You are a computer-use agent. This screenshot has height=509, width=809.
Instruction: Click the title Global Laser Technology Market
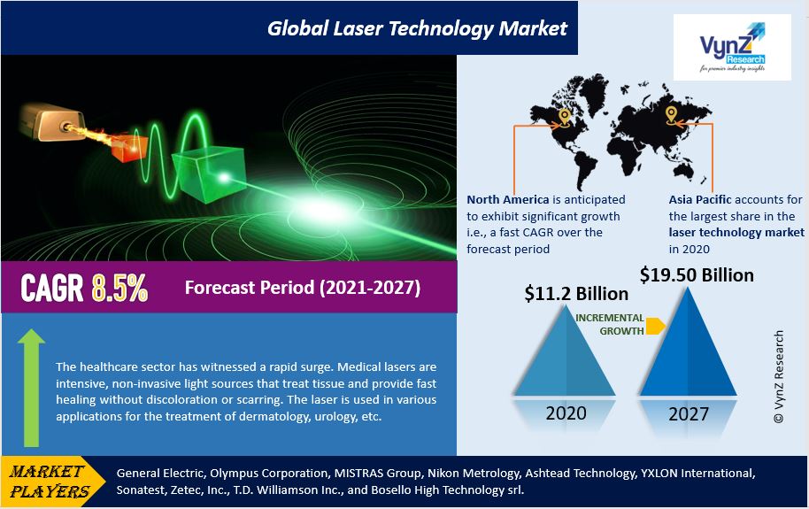(417, 28)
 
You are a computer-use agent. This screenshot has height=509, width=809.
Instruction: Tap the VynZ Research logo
(731, 48)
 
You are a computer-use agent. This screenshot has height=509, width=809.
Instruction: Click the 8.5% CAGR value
(119, 289)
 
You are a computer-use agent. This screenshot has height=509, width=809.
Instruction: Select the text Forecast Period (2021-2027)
(302, 289)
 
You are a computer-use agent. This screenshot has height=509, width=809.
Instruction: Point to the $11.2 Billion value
(576, 293)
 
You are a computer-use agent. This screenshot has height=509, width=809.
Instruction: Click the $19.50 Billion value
(697, 275)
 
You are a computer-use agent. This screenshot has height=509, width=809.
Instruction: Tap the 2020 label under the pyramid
(565, 413)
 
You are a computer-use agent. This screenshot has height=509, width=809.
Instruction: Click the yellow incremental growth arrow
(654, 326)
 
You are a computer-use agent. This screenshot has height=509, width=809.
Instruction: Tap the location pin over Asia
(671, 116)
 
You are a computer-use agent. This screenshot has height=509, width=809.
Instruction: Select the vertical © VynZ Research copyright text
(778, 376)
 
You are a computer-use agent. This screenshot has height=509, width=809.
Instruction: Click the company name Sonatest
(144, 490)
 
